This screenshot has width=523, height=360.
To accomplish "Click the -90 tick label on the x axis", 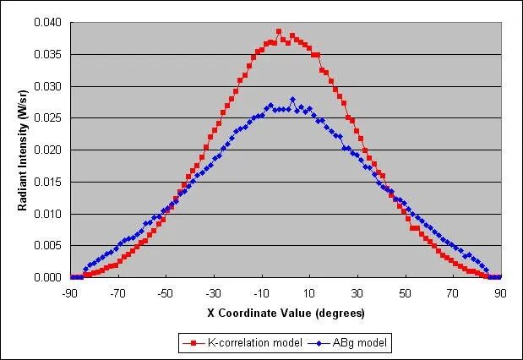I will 69,294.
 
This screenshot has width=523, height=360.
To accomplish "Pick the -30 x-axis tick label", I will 213,294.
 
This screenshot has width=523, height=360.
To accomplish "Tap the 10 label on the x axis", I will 309,294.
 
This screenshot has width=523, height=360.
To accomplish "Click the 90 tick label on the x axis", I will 501,294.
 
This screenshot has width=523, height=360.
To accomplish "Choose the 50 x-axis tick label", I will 406,294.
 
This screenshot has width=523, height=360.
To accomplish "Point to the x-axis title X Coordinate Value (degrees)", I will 286,313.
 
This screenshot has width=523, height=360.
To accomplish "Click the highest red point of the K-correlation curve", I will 278,31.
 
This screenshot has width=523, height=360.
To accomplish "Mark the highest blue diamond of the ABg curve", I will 292,100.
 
